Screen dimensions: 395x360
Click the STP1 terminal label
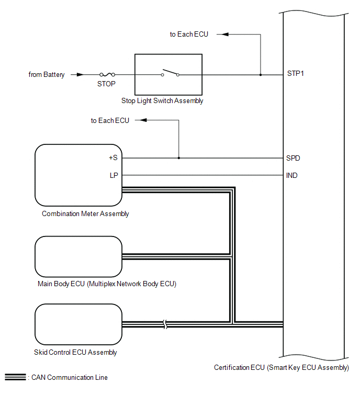tap(296, 74)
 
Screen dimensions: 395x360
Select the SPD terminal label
tap(294, 158)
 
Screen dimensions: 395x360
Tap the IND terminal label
tap(292, 175)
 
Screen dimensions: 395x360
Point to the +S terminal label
tap(113, 158)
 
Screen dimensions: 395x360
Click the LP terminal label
tap(114, 175)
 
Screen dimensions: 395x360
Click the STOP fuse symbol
tap(107, 75)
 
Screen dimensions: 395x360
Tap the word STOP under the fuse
tap(106, 83)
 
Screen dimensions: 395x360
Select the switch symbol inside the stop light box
tap(170, 73)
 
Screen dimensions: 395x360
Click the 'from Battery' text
tap(47, 75)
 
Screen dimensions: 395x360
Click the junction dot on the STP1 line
tap(261, 75)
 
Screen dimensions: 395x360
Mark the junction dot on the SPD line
tap(179, 158)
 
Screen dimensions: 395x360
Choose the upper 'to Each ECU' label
tap(189, 35)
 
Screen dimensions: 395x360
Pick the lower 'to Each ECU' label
tap(110, 121)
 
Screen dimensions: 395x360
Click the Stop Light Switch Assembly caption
tap(168, 101)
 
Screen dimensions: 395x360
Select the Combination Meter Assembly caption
tap(85, 213)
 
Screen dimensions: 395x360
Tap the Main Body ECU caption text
tap(106, 284)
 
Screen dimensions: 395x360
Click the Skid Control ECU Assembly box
tap(78, 325)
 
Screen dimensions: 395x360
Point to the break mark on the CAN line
tap(166, 325)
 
